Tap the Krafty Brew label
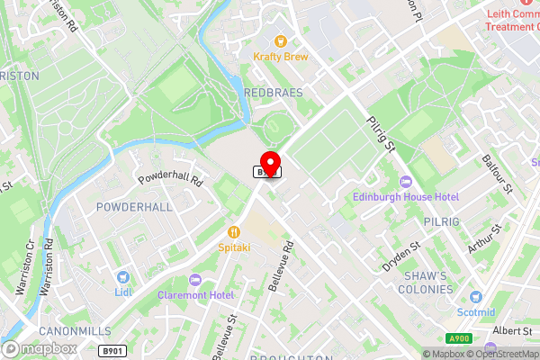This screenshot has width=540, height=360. (280, 56)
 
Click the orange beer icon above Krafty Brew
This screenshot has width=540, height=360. (280, 40)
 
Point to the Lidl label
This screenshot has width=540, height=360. (123, 292)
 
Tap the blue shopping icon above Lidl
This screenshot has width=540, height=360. (123, 277)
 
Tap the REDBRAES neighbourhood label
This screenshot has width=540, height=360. (273, 93)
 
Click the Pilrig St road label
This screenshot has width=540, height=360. (382, 132)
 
